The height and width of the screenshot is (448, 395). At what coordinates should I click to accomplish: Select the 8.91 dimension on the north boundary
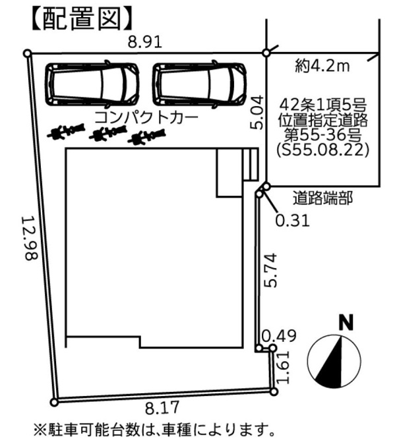145,42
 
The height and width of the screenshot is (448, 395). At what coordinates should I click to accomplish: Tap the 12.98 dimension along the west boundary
30,238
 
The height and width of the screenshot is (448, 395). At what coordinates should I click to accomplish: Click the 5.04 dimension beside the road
257,113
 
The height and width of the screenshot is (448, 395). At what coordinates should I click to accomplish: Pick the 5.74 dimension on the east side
270,270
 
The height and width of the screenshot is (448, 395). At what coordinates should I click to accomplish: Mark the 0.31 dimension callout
292,221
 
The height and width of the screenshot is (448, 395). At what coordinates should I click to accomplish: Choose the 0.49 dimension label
279,336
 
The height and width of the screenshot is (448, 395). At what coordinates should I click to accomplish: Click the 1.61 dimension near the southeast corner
284,368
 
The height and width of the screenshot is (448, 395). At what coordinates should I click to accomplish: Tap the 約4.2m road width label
322,67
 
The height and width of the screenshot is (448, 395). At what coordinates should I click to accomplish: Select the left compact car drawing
93,84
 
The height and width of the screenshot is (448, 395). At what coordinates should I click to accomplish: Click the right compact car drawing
200,84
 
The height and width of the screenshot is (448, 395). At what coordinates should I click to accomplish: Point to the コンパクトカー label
146,117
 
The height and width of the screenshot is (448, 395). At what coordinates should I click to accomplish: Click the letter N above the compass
346,323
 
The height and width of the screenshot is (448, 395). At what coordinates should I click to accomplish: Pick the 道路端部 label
322,198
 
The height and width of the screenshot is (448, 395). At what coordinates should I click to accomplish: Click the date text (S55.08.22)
322,150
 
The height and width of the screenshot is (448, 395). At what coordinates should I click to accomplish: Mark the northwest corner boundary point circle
28,53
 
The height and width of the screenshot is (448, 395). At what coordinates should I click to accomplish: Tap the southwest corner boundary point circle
54,403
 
